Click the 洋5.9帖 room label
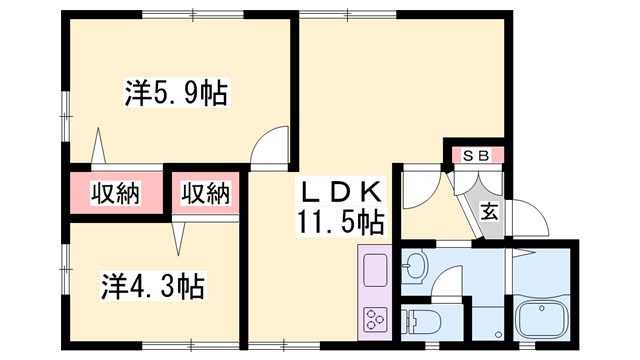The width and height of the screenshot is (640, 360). (174, 95)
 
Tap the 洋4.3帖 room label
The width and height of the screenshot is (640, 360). (152, 287)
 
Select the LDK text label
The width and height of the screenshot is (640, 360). (340, 191)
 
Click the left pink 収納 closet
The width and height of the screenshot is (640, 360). (115, 192)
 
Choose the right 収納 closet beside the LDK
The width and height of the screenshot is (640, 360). (206, 192)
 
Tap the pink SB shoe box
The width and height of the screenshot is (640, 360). (476, 155)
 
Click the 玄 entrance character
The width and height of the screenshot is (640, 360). (489, 211)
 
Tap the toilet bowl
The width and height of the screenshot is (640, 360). (417, 322)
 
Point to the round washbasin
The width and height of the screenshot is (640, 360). (415, 267)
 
